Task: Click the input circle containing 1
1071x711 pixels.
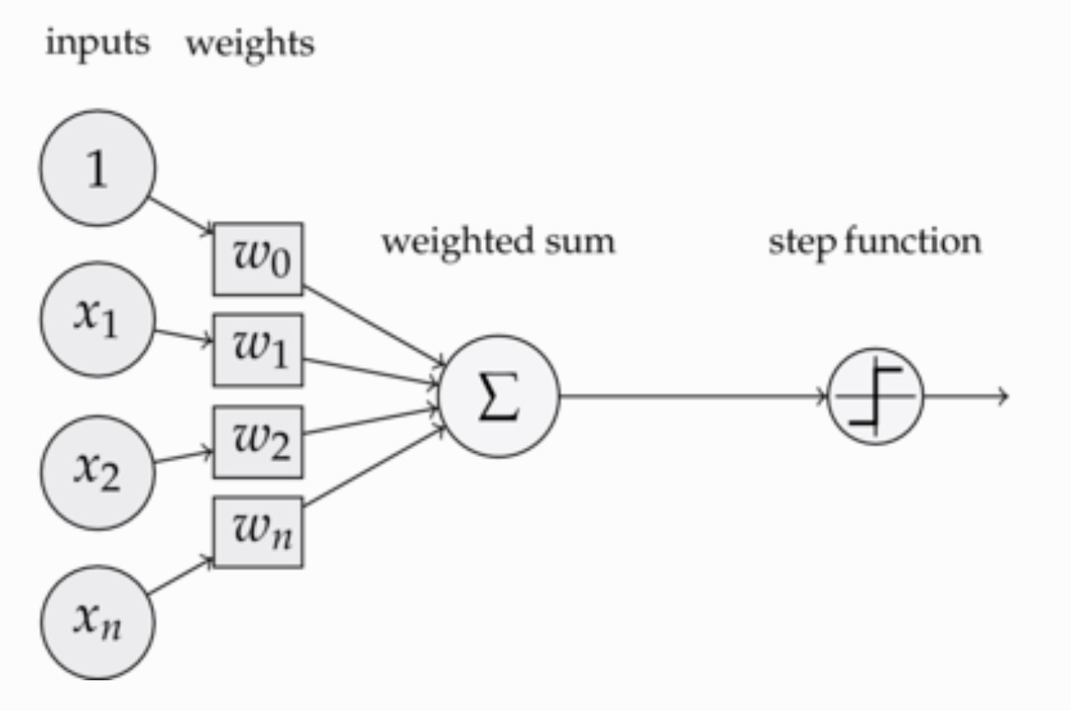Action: pyautogui.click(x=97, y=168)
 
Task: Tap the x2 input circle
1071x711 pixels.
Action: pyautogui.click(x=97, y=471)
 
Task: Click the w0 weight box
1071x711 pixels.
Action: pyautogui.click(x=258, y=259)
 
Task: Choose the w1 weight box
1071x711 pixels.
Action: pyautogui.click(x=258, y=350)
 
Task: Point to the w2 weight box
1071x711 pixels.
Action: pyautogui.click(x=258, y=442)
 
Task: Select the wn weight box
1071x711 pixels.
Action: pyautogui.click(x=258, y=532)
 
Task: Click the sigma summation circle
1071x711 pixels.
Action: pyautogui.click(x=499, y=396)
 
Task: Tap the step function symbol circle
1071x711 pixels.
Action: pyautogui.click(x=876, y=396)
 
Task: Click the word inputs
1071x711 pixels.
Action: pyautogui.click(x=97, y=43)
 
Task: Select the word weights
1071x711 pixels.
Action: pyautogui.click(x=250, y=43)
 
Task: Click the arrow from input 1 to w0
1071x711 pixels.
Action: pyautogui.click(x=181, y=215)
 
